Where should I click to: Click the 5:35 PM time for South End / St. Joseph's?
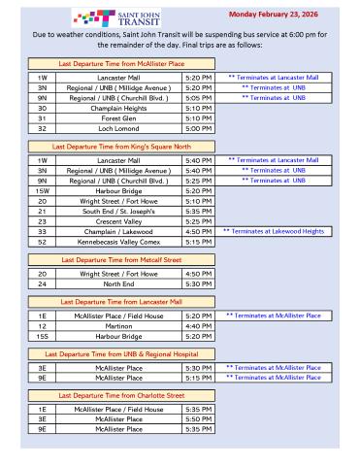pyautogui.click(x=197, y=213)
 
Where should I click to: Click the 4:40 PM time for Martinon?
pyautogui.click(x=197, y=326)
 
